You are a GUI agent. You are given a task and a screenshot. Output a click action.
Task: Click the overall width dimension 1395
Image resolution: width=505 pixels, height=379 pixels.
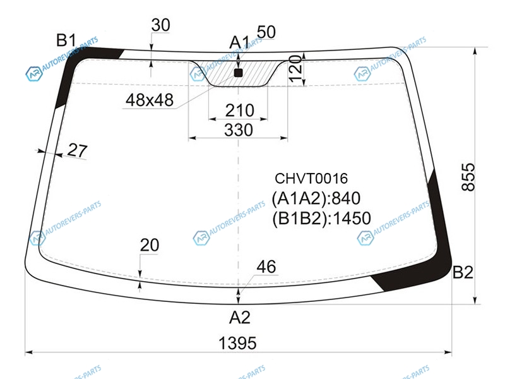point(237,343)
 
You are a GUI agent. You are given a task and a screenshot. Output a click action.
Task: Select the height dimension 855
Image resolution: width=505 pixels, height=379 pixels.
point(468,177)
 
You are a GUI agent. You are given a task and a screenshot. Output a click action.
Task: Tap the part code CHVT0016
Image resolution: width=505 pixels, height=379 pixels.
point(311,179)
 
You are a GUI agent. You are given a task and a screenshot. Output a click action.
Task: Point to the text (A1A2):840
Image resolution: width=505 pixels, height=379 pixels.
point(316,198)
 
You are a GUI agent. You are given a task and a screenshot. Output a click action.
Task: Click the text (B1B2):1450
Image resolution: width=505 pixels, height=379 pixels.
point(321,218)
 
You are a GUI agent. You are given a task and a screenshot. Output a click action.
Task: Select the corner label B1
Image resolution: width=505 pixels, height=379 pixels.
point(66,40)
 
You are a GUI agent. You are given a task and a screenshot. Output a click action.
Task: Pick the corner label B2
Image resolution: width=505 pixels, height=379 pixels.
point(463,272)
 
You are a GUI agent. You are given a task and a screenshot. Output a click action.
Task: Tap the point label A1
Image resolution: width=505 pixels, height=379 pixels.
point(239,42)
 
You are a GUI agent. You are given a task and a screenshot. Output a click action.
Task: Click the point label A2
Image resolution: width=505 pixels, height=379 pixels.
point(240,318)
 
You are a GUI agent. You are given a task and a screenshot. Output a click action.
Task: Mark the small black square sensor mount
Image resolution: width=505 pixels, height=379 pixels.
point(238,73)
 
